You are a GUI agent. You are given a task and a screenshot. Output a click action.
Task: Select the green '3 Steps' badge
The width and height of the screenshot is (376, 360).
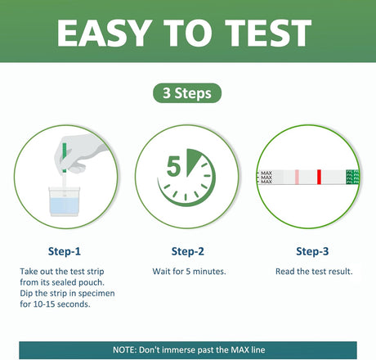[187, 93]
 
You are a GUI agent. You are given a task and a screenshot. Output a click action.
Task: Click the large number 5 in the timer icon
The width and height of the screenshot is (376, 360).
[174, 168]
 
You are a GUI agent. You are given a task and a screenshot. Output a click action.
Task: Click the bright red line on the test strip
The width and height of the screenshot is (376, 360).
[318, 176]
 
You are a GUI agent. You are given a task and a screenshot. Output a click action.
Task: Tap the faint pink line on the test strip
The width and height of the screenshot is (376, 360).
[297, 176]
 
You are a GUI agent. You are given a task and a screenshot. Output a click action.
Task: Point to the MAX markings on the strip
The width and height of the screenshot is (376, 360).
[265, 176]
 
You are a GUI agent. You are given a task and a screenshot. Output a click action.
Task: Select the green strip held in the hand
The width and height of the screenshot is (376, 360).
[62, 160]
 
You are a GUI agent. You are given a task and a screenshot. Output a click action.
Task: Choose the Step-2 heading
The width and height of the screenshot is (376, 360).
[188, 251]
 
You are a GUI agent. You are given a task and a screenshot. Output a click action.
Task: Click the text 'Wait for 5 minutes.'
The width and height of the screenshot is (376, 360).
[188, 271]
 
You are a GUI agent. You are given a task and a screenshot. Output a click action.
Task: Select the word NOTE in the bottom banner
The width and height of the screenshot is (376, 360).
[127, 349]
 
